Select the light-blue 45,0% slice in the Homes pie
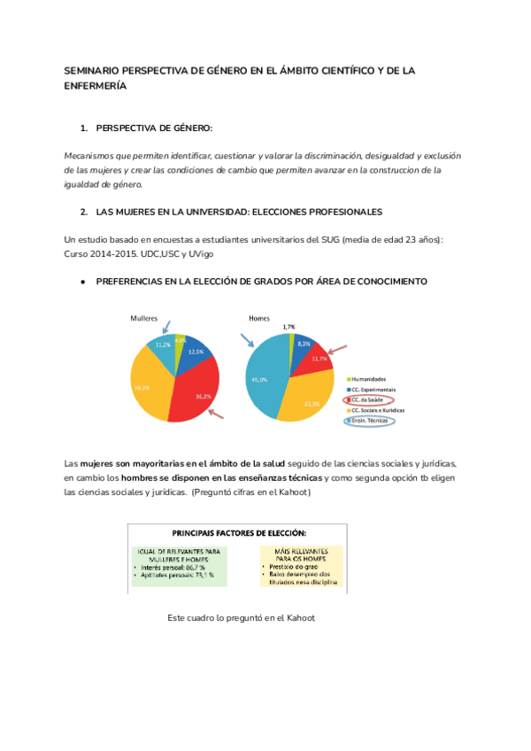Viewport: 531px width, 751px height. coord(265,381)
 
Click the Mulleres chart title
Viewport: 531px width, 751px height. coord(145,317)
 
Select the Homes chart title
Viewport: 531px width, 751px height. coord(259,317)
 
